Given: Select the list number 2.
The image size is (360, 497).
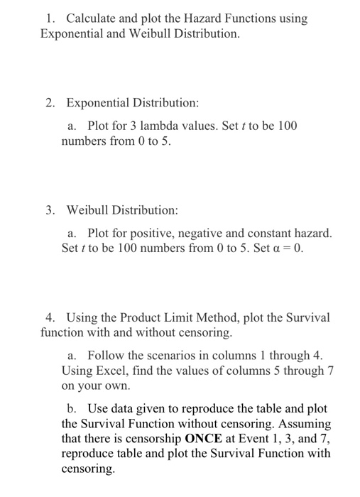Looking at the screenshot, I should [x=50, y=103].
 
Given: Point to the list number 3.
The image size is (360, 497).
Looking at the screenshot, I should [x=50, y=210].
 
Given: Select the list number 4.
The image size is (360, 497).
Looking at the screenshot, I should [x=50, y=317].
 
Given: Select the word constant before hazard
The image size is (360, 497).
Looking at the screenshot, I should [x=269, y=233].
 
